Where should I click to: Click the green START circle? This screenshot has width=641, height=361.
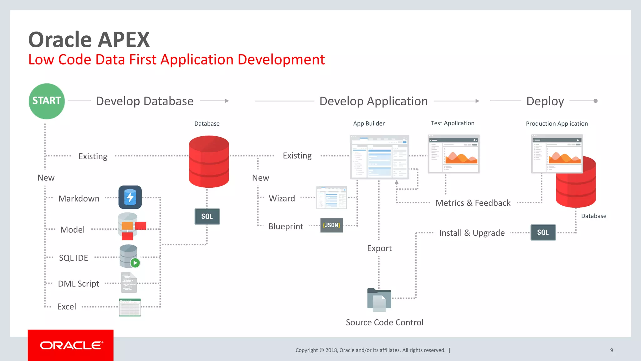pos(47,101)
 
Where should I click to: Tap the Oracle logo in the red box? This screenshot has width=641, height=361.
pos(71,345)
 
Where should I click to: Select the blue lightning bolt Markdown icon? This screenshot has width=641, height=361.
pos(130,197)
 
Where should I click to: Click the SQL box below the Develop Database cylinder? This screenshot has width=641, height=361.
pos(207,217)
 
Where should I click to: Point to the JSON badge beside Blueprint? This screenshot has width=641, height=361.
pos(331,225)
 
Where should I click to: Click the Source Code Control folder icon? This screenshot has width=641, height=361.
pos(379,300)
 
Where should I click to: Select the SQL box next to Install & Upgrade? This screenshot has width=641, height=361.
pos(543,233)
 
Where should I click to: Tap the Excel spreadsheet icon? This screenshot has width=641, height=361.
pos(130,307)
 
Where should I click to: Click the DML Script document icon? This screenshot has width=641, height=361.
pos(129,282)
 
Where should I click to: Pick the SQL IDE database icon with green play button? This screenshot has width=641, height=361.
pos(129,256)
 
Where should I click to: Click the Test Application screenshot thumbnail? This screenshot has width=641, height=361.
pos(453,154)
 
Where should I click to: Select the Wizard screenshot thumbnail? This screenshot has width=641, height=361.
pos(331,198)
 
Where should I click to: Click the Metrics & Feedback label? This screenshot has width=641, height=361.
pos(473,203)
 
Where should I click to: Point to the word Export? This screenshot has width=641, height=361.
pos(379,249)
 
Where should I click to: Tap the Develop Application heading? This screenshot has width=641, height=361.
pos(373,101)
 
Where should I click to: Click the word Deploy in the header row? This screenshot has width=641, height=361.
pos(545,101)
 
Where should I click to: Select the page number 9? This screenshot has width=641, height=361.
pos(611,350)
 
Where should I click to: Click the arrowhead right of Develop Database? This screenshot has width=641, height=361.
pos(227,101)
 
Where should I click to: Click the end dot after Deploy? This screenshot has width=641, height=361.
pos(595,101)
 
